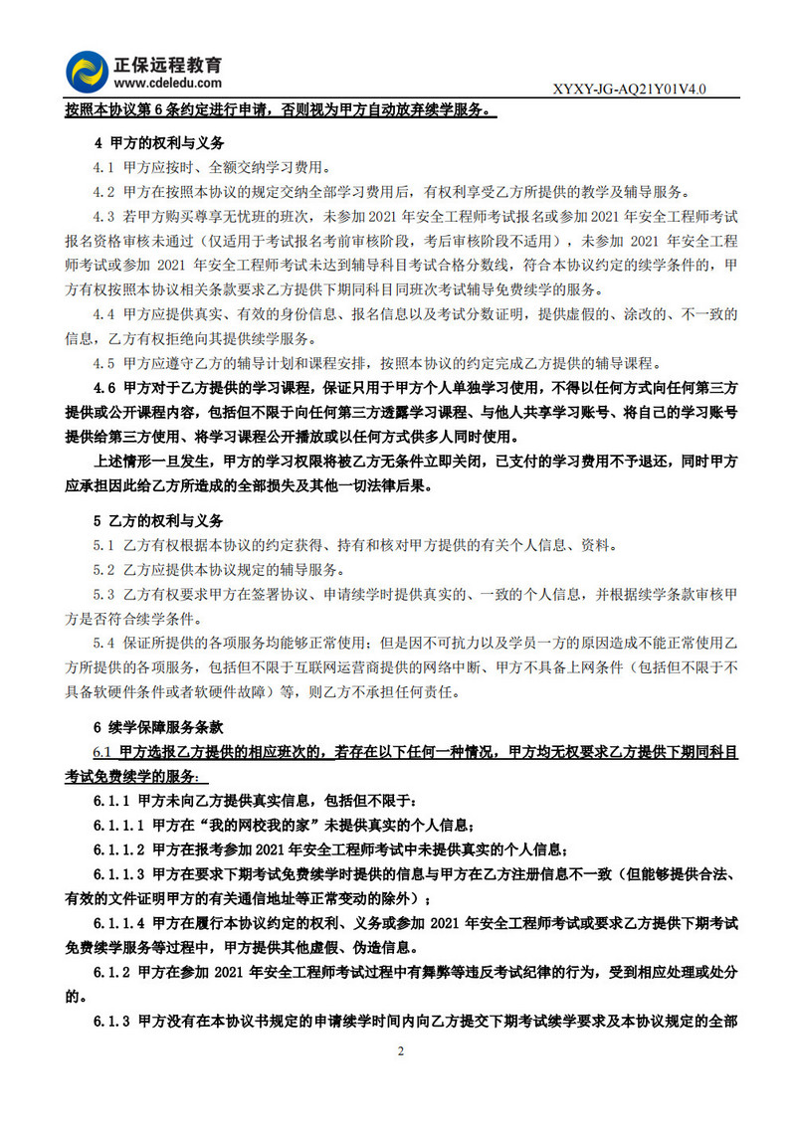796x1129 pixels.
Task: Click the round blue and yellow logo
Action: pos(88,70)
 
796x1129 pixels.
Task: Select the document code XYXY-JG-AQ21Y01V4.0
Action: pos(629,90)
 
